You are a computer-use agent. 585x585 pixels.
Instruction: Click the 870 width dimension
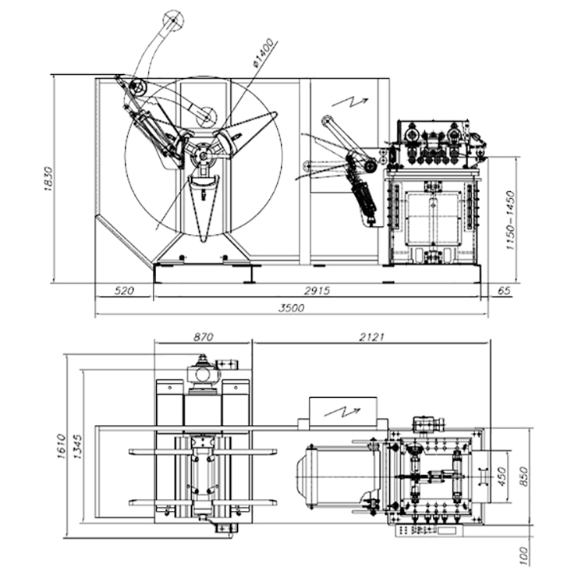pyautogui.click(x=202, y=336)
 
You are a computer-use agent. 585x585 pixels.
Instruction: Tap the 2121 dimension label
pyautogui.click(x=371, y=336)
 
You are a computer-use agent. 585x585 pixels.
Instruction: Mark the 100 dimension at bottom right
pyautogui.click(x=523, y=555)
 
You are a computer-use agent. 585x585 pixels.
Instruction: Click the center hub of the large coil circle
pyautogui.click(x=203, y=154)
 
